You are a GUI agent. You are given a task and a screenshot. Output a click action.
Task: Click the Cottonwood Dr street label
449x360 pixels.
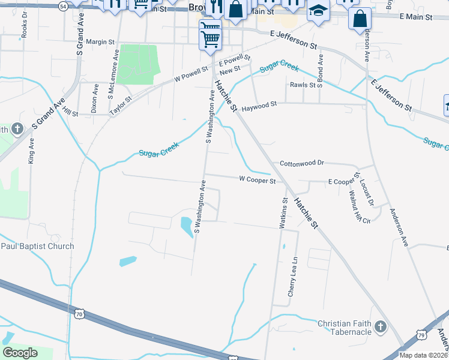[302, 163]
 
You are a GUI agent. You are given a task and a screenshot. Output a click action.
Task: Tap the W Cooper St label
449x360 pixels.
[257, 179]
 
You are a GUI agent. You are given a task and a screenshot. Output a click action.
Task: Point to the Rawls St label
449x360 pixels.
[303, 85]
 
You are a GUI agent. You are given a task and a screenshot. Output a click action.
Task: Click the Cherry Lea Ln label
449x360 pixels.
[293, 277]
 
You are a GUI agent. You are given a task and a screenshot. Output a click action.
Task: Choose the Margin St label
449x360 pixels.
[100, 41]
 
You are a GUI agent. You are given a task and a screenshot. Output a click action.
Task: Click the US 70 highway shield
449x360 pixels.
[79, 314]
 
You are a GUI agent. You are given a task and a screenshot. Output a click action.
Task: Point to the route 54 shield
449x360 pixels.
[64, 5]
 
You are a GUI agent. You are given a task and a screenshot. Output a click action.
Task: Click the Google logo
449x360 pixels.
[20, 353]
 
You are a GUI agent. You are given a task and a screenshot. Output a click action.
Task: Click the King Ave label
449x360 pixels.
[31, 152]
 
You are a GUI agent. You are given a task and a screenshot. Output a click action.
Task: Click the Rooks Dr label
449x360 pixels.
[25, 28]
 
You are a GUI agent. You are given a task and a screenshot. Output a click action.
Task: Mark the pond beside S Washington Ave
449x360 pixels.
[186, 225]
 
